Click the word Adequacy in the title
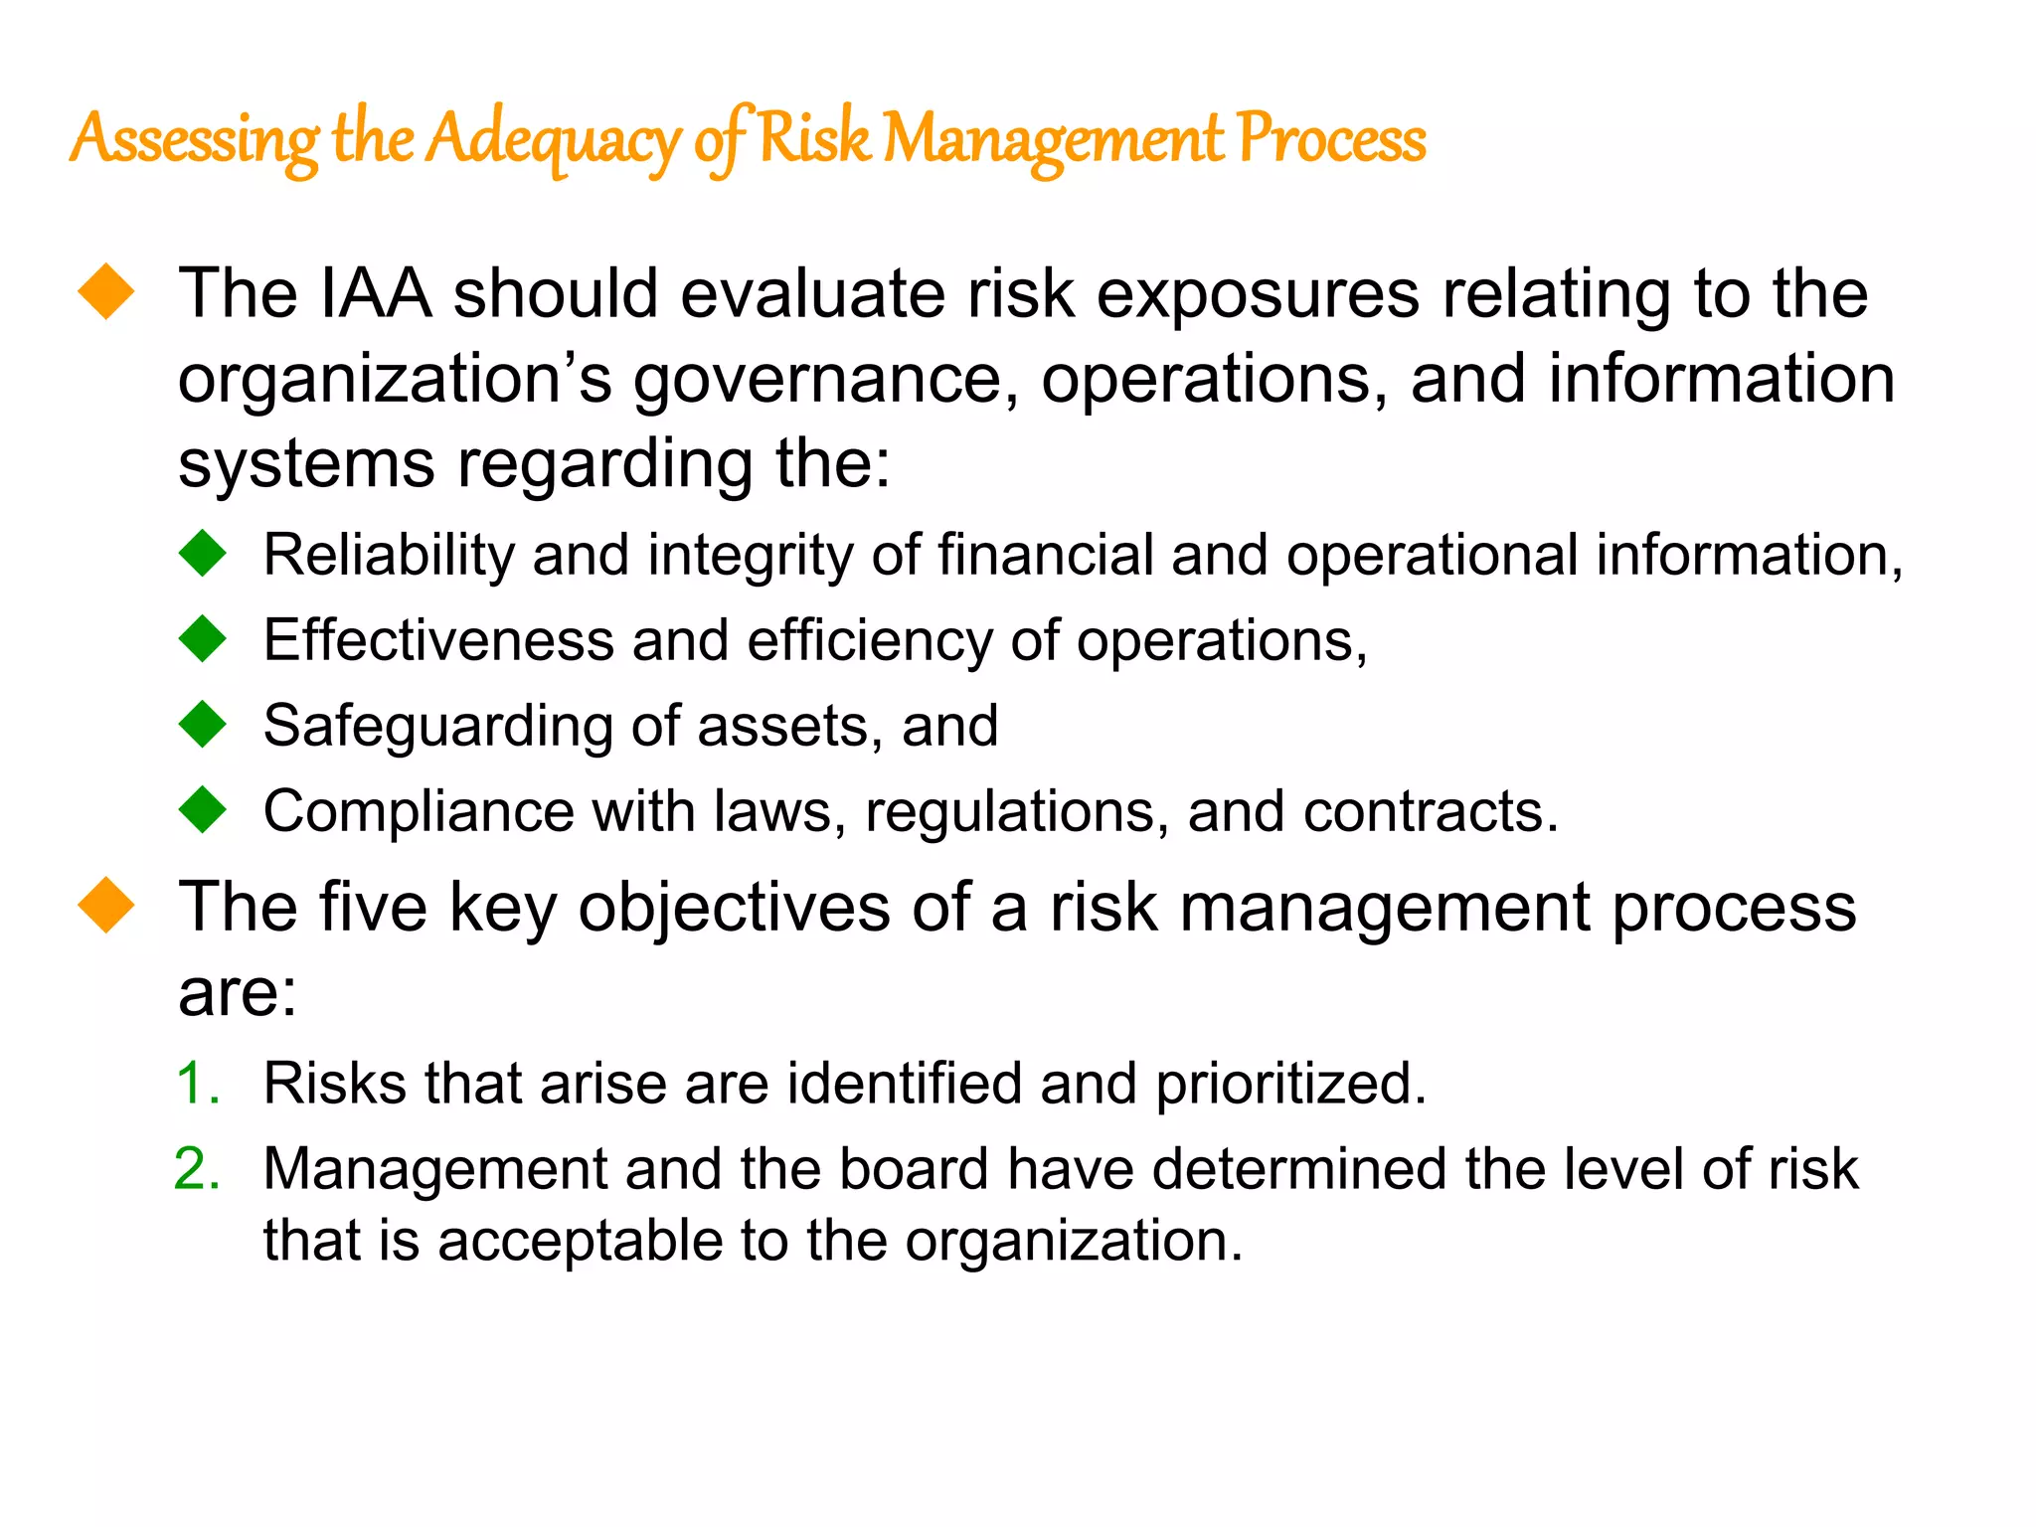pos(553,139)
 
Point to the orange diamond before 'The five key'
pos(106,905)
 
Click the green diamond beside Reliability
pos(204,553)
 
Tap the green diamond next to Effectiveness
pos(204,638)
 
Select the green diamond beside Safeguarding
pos(204,724)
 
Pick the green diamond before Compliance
pos(204,809)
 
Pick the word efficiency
pos(870,641)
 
